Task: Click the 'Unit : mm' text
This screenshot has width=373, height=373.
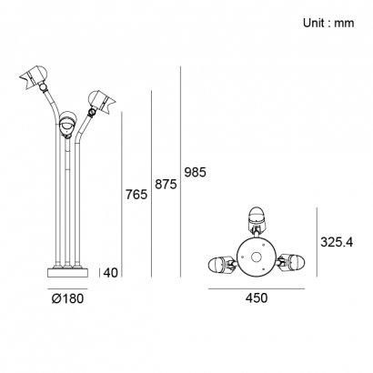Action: click(328, 23)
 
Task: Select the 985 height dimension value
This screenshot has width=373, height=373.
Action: click(196, 172)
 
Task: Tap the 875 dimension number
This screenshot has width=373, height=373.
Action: click(166, 184)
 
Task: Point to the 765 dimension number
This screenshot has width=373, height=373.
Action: click(136, 195)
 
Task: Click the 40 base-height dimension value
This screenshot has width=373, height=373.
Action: click(110, 273)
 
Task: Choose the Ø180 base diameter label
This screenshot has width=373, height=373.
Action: click(67, 298)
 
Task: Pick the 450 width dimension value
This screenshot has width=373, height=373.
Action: click(257, 298)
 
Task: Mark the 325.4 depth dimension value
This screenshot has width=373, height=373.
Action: click(337, 242)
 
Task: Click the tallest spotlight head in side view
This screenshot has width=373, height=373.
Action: click(35, 76)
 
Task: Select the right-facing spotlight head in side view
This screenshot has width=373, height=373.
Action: click(101, 102)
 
